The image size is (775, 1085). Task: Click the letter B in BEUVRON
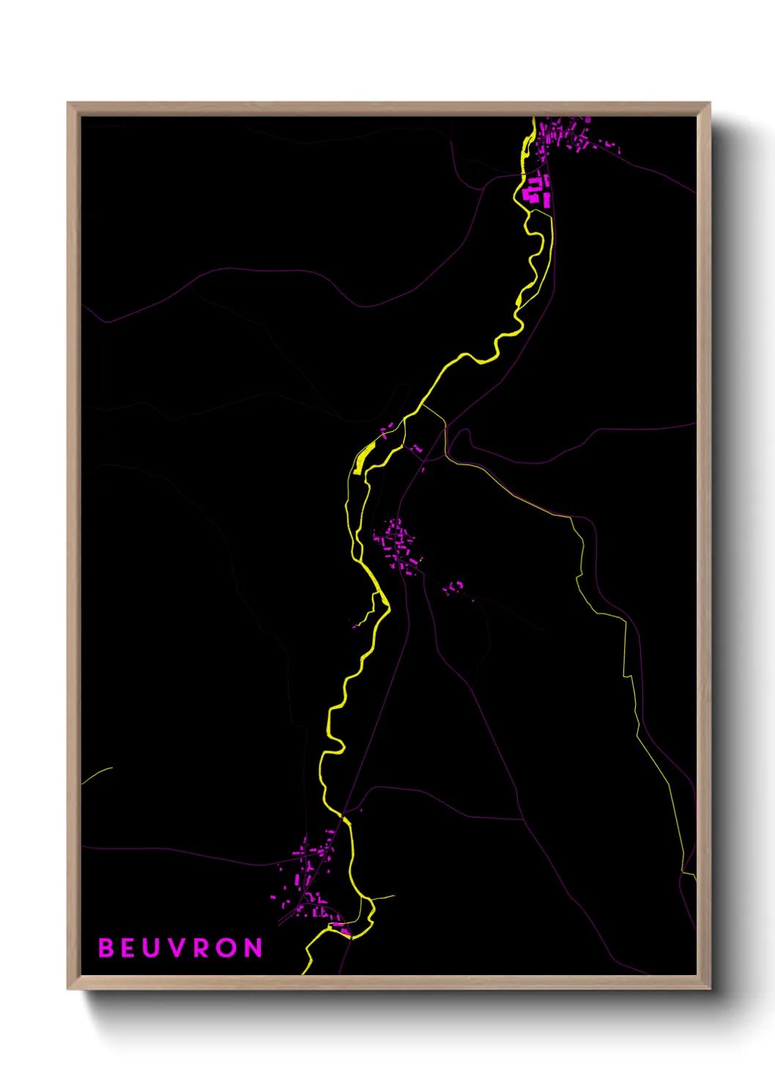click(106, 948)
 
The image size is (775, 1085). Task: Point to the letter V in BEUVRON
click(176, 948)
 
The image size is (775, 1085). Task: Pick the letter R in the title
click(202, 948)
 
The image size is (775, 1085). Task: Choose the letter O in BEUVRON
click(227, 948)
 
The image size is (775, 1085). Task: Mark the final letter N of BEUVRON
click(253, 948)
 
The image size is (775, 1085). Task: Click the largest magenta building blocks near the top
click(537, 189)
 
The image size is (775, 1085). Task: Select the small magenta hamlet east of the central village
click(453, 586)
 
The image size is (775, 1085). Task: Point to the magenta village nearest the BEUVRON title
click(308, 880)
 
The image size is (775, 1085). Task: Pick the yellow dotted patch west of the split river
click(363, 459)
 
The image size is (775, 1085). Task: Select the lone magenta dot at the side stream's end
click(355, 625)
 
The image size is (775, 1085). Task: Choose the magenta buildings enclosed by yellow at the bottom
click(341, 930)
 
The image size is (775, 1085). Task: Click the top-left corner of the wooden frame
click(68, 103)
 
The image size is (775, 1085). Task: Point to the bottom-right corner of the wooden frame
click(709, 988)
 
